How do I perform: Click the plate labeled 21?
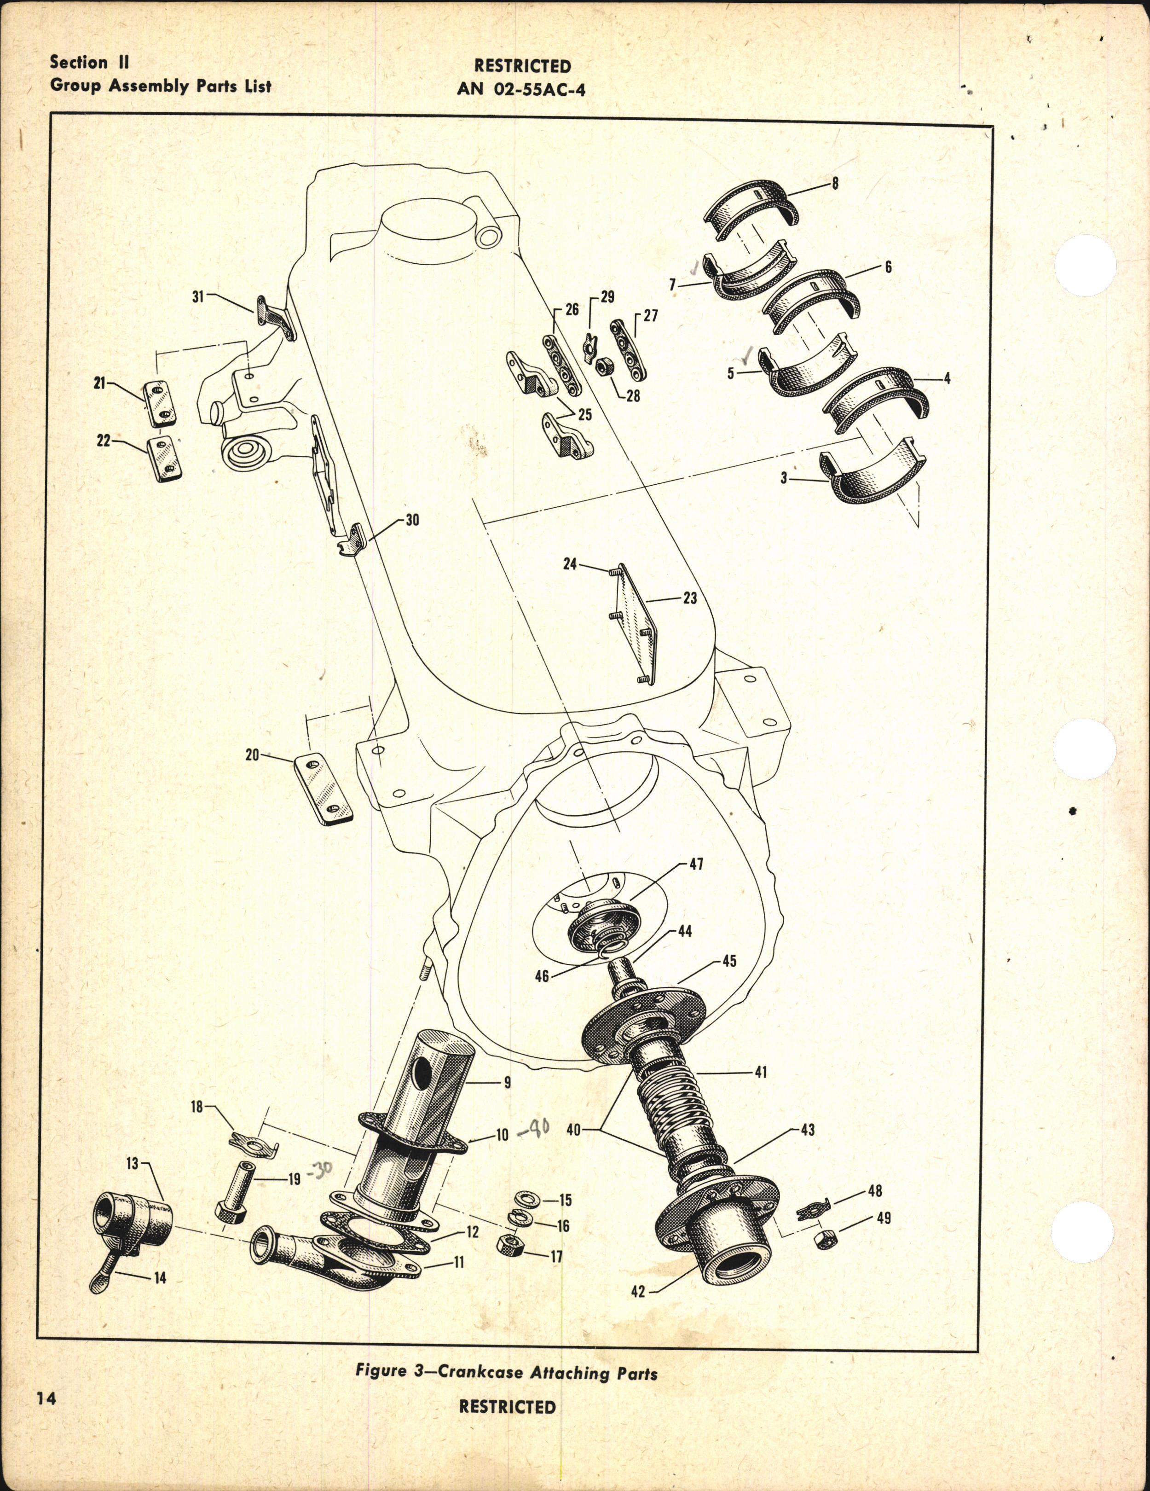pyautogui.click(x=163, y=403)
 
